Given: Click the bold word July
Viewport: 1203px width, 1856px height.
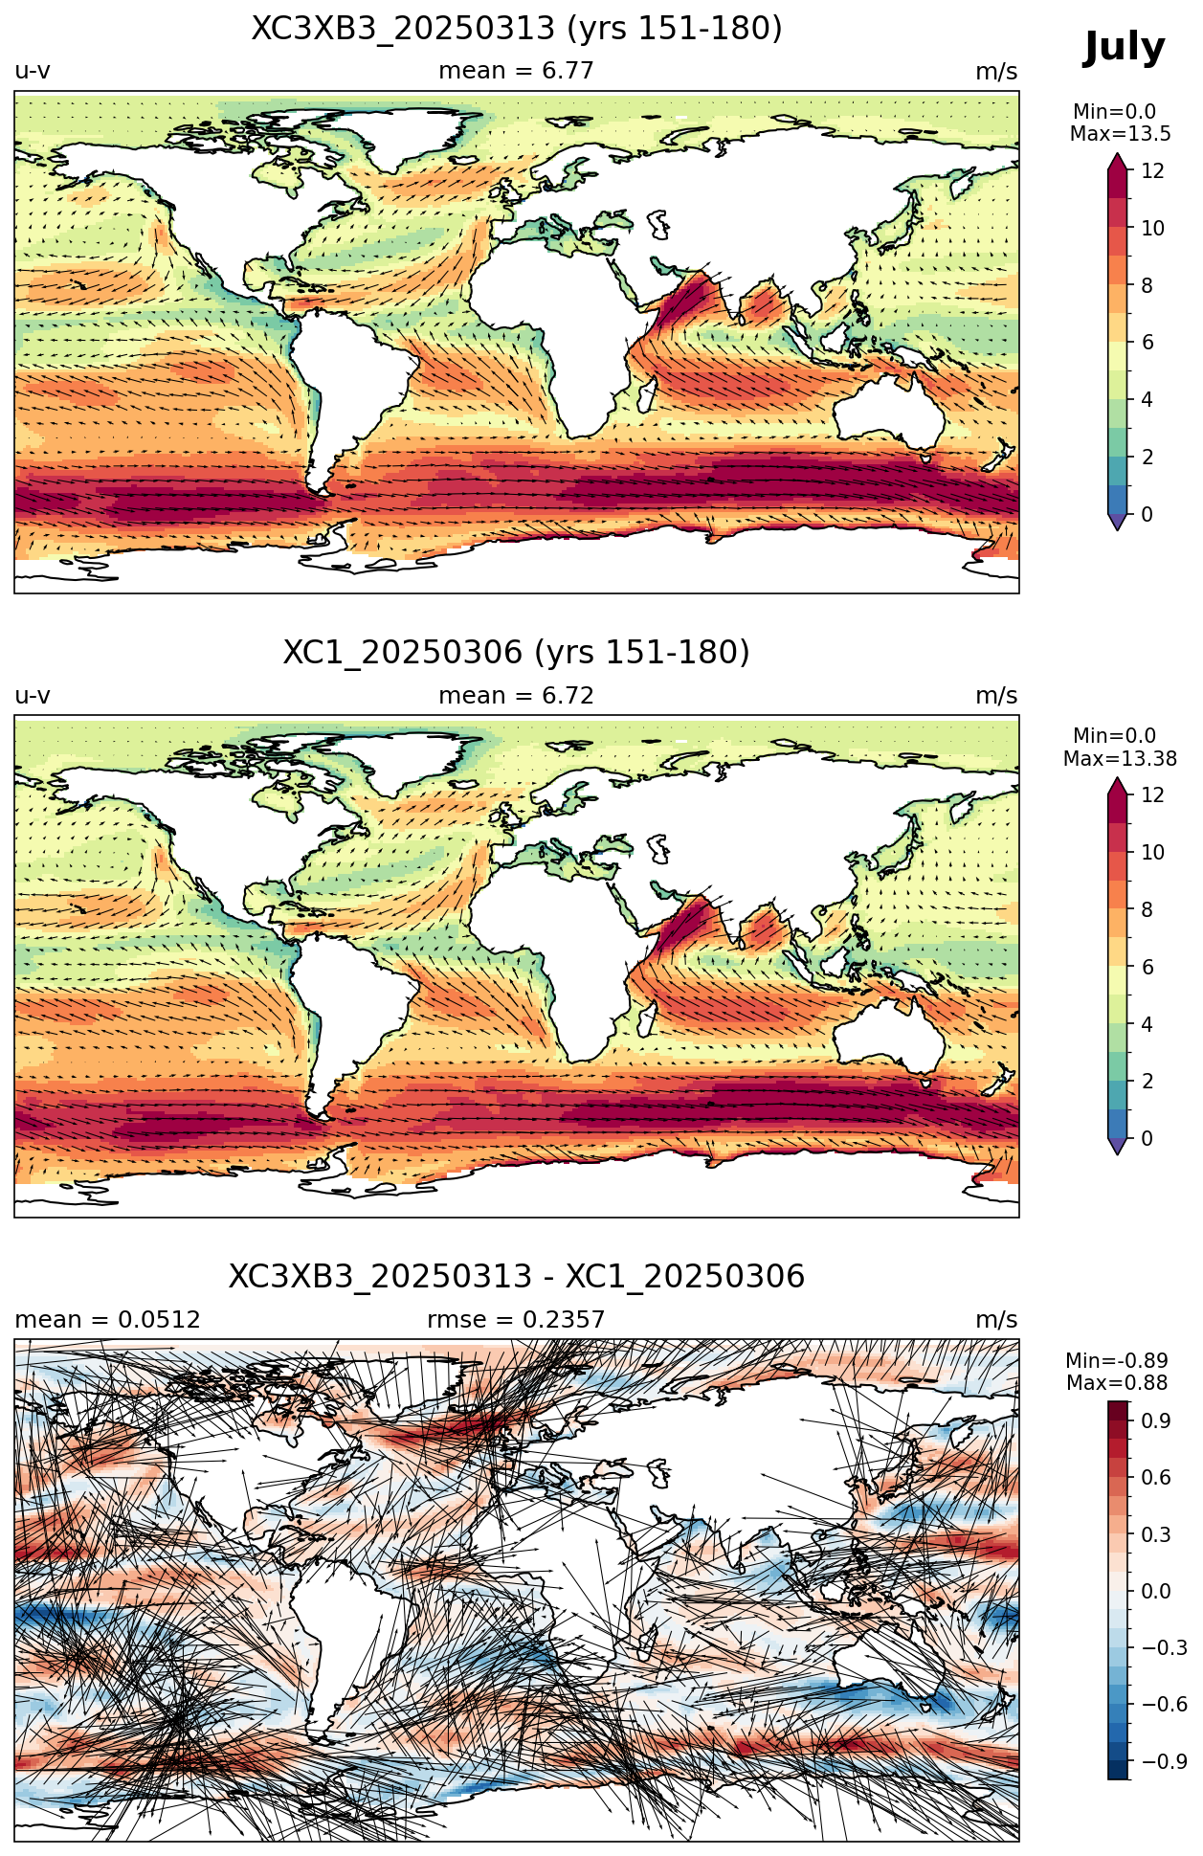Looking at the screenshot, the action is point(1124,48).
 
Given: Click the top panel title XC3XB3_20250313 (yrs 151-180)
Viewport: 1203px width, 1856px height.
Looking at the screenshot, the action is point(517,29).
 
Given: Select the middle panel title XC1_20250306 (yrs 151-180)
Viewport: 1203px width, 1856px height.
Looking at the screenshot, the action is point(517,653).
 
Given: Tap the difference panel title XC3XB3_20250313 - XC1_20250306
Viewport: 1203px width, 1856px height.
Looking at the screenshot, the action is point(517,1277).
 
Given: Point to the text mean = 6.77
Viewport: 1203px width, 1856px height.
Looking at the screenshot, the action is point(516,71).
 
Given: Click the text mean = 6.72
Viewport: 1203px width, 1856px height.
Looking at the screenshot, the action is point(516,696).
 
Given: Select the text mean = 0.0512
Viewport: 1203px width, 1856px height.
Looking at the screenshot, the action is point(107,1320).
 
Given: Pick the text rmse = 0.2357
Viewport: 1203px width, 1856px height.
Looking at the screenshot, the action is point(516,1320).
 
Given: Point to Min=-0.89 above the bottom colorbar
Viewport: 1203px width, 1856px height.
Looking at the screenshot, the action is point(1117,1360).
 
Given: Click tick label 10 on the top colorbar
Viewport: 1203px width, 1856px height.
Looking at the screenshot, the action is point(1152,228).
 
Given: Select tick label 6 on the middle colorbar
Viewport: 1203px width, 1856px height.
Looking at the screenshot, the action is point(1147,967).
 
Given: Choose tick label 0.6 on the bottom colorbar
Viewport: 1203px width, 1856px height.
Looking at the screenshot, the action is point(1156,1477).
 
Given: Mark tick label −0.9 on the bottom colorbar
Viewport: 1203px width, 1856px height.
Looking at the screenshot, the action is point(1164,1761).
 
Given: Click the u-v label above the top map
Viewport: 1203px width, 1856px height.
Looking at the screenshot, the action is point(33,72).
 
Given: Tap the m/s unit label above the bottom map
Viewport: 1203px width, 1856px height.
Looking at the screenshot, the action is point(996,1320).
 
